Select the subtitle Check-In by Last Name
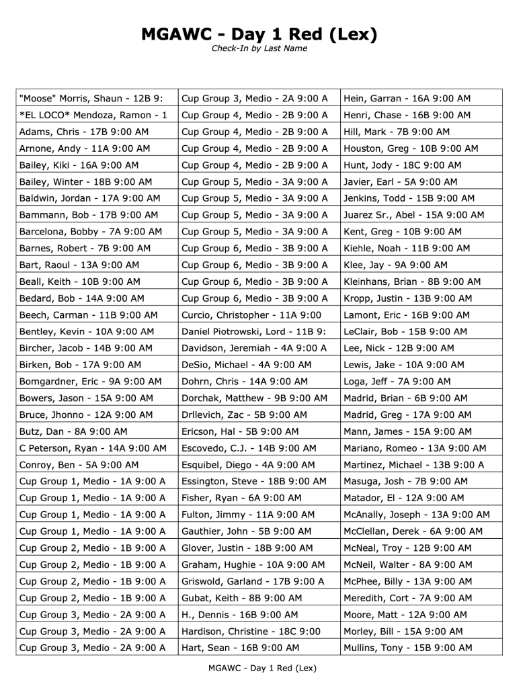(x=259, y=48)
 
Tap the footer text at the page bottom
(x=262, y=668)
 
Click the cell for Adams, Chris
(x=84, y=132)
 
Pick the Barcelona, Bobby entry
(x=91, y=232)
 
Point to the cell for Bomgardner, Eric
(x=91, y=382)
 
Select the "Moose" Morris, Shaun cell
(x=91, y=99)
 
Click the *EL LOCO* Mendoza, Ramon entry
(x=93, y=116)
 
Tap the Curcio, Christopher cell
(x=251, y=315)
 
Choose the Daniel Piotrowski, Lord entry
(x=253, y=332)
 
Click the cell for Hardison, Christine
(x=251, y=632)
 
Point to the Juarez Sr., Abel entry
(x=413, y=215)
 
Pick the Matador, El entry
(x=403, y=498)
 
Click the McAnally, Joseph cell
(x=416, y=515)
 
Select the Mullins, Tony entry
(x=408, y=648)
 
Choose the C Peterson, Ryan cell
(x=93, y=448)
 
